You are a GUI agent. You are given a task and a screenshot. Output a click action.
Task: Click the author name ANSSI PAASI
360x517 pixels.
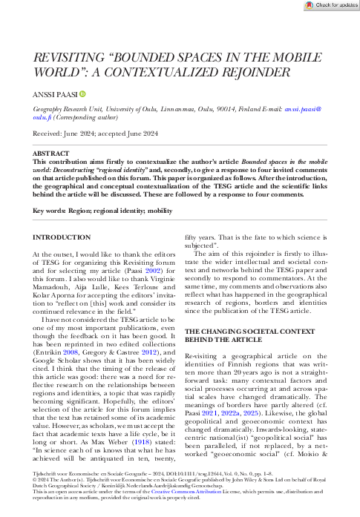click(x=54, y=93)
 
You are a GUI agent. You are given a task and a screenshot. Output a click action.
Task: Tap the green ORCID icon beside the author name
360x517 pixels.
click(x=83, y=93)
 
